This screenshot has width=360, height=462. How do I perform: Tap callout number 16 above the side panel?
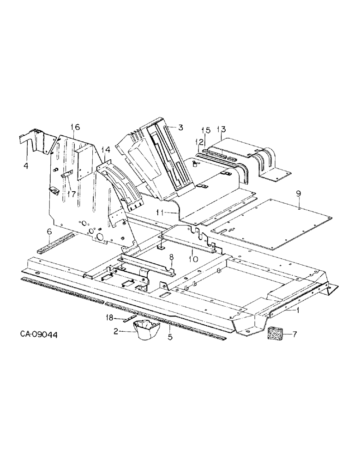click(x=76, y=127)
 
